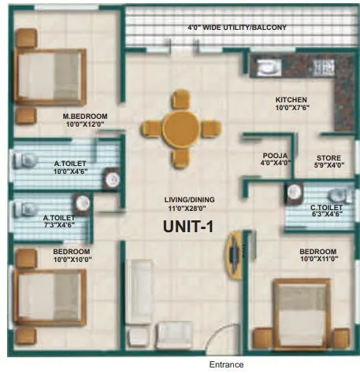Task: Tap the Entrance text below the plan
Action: click(x=226, y=364)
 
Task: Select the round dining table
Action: click(x=182, y=127)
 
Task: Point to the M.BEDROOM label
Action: click(x=85, y=116)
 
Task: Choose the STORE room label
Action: click(x=328, y=157)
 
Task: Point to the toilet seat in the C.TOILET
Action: click(x=337, y=194)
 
